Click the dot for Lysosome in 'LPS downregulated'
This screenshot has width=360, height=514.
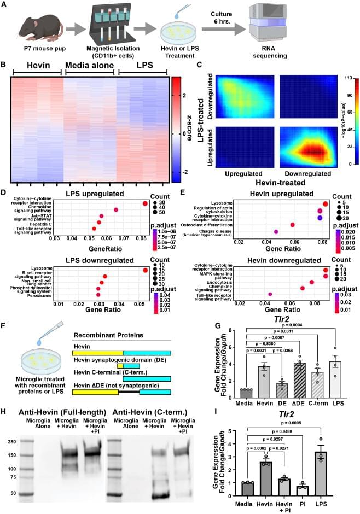145,270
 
